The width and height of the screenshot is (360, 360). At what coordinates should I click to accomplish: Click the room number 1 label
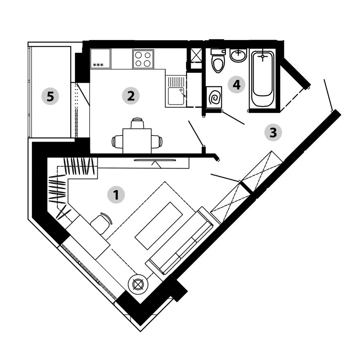(116, 195)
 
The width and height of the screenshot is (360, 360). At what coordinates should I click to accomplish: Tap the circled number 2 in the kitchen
(131, 96)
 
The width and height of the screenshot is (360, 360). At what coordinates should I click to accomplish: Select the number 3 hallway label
(273, 133)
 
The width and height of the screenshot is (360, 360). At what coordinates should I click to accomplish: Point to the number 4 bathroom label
(236, 85)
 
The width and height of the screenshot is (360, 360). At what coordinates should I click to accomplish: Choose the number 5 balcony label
(50, 96)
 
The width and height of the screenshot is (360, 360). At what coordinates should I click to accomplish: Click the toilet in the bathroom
(218, 61)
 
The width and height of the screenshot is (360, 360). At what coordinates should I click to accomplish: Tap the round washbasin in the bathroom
(239, 55)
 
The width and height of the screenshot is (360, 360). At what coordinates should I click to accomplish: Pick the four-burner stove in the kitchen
(143, 59)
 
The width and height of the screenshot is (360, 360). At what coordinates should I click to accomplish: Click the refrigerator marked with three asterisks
(100, 59)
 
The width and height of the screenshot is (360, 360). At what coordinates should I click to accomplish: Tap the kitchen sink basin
(176, 96)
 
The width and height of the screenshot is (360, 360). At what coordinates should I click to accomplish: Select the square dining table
(137, 141)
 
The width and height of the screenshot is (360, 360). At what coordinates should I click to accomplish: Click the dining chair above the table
(137, 123)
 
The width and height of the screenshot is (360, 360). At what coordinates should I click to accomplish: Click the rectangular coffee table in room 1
(159, 226)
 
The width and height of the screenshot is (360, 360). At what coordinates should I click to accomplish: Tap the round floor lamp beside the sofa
(138, 285)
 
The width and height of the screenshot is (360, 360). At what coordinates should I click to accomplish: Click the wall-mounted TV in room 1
(155, 160)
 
